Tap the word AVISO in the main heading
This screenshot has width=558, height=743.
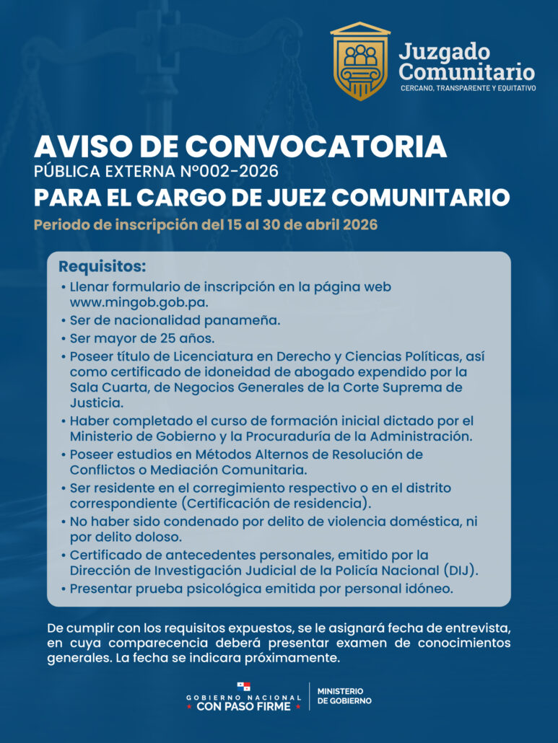coord(76,148)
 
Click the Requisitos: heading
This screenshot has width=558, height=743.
coord(102,266)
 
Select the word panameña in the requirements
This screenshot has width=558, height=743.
coord(240,320)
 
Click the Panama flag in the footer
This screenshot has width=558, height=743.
coord(244,686)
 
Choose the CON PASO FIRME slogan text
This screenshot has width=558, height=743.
coord(243,707)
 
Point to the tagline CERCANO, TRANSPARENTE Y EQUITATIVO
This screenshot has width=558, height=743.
coord(468,88)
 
